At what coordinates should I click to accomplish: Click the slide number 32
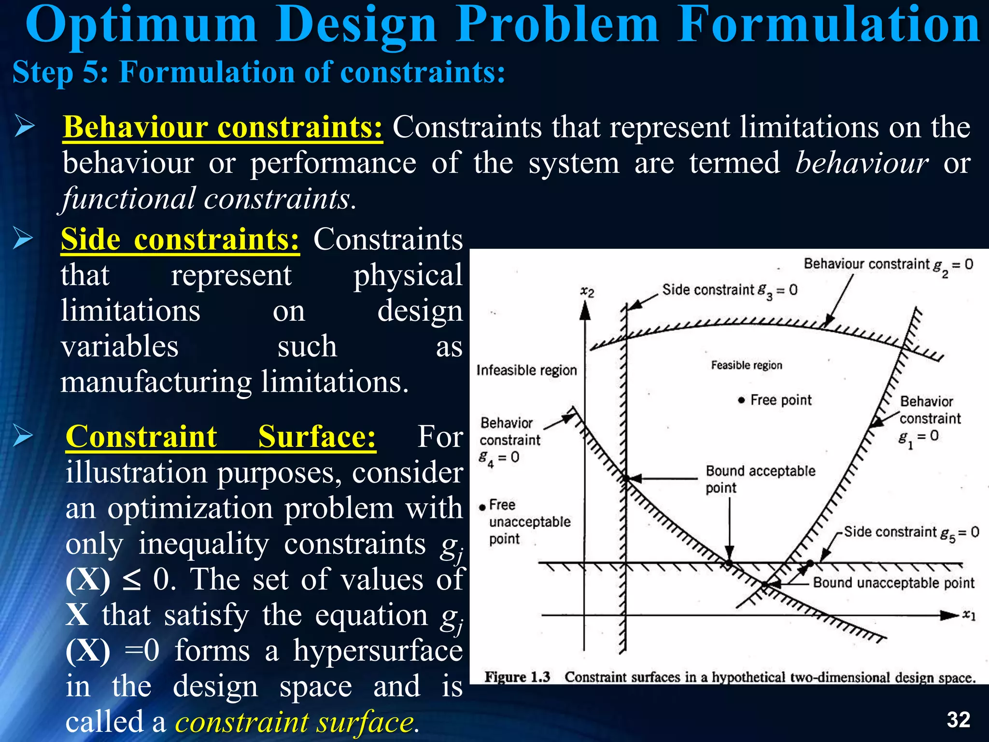point(959,720)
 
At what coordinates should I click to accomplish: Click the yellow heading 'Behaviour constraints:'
point(223,128)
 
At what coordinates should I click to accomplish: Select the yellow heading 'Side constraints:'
point(180,239)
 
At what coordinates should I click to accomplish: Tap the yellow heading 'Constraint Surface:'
point(221,437)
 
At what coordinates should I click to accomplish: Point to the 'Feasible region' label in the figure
point(746,365)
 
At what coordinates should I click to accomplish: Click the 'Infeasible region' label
point(526,370)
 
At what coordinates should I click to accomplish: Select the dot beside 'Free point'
point(741,400)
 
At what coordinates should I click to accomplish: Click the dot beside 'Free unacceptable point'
point(482,507)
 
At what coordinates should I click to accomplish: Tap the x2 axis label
point(587,291)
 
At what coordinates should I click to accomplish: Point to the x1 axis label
point(969,615)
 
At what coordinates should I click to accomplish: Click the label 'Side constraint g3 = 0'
point(729,290)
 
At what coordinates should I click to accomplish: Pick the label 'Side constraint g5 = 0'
point(911,532)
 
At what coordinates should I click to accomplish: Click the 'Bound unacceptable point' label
point(893,583)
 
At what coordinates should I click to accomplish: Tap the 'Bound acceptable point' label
point(760,479)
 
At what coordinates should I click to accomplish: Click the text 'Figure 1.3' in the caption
point(517,677)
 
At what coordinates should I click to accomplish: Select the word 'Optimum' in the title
point(141,25)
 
